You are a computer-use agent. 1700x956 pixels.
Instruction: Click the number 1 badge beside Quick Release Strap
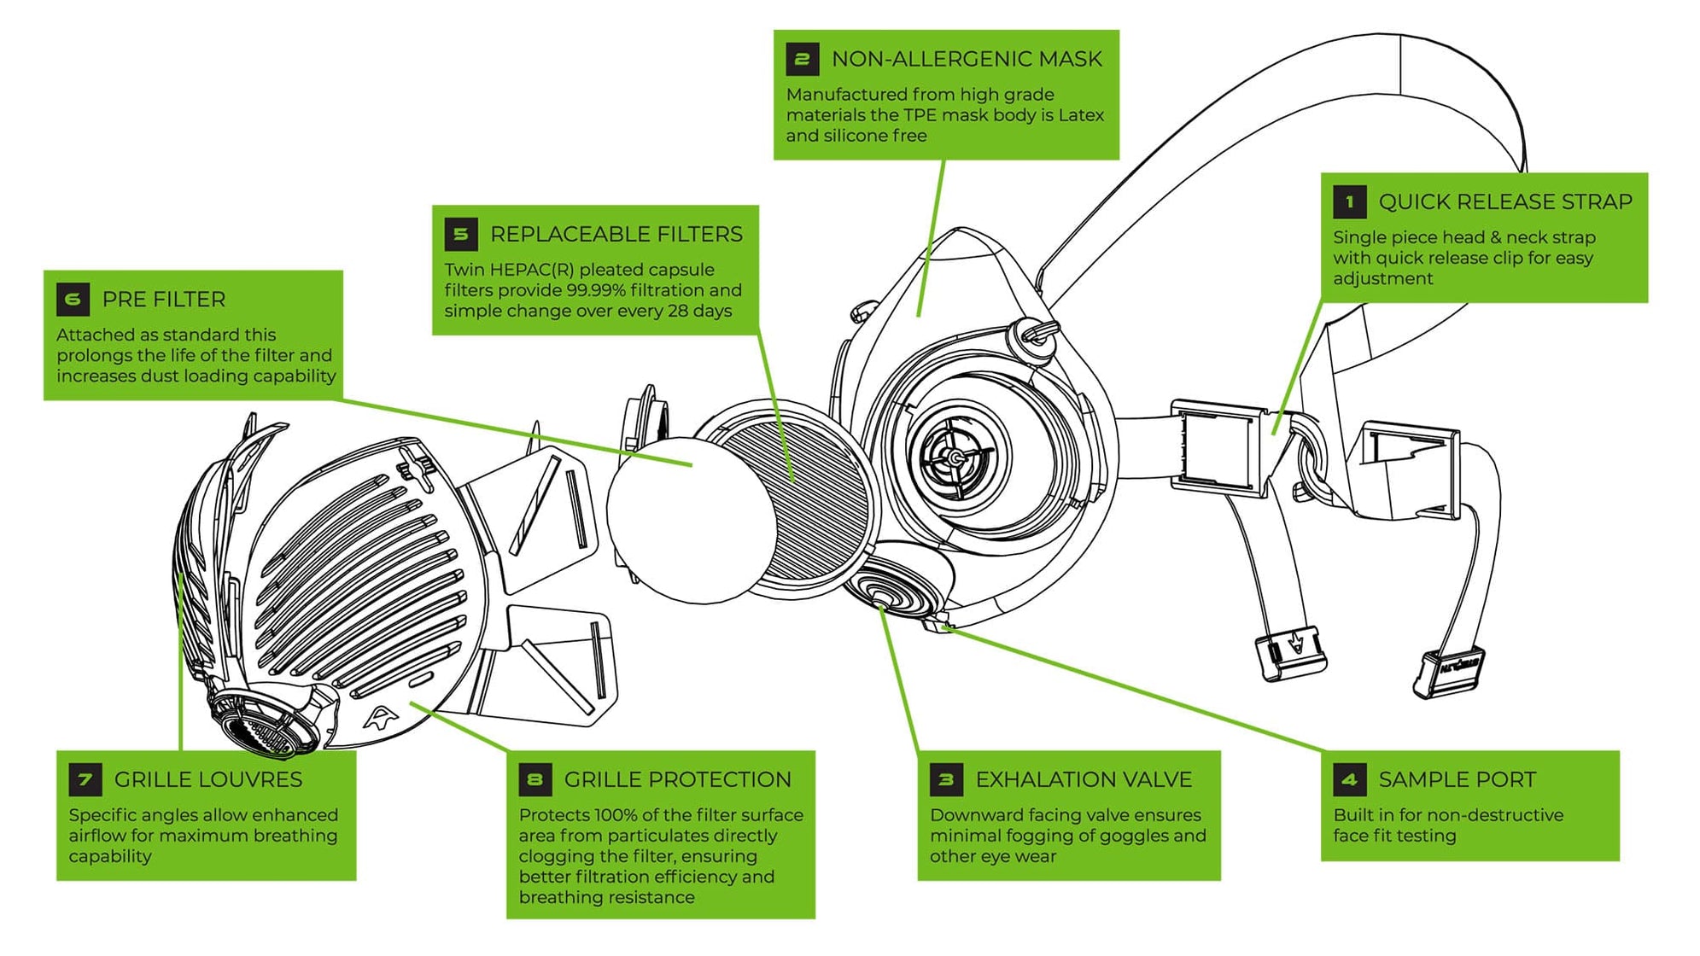(1349, 202)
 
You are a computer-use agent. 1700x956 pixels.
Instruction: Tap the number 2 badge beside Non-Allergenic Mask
(802, 60)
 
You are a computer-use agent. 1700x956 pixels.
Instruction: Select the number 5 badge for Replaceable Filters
(461, 235)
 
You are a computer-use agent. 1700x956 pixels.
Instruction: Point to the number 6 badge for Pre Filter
(73, 300)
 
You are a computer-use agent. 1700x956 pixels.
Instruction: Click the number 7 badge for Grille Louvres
(85, 779)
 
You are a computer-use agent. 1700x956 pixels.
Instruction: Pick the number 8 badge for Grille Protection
(535, 779)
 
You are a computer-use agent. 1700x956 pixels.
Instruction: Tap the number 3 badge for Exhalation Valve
(946, 779)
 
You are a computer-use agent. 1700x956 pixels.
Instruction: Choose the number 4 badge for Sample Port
(1349, 779)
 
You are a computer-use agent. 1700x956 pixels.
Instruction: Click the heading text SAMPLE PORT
(1457, 779)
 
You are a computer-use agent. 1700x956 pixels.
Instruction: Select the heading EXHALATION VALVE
(1084, 779)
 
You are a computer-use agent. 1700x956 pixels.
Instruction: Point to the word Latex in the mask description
(1081, 115)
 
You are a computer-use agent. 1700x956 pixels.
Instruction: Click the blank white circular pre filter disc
(683, 521)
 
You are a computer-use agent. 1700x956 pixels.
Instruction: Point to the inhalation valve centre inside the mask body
(956, 458)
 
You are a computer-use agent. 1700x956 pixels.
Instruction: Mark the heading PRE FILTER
(164, 300)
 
